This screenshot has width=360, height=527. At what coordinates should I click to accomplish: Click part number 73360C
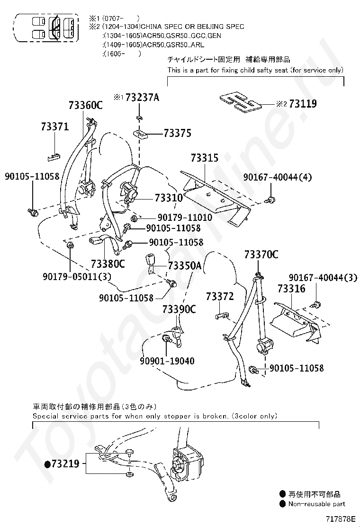[x=85, y=106]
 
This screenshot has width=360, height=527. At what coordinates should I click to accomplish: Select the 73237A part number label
[x=142, y=98]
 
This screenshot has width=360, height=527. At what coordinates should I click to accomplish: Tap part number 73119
[x=303, y=104]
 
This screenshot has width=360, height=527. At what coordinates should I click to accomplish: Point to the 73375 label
[x=178, y=133]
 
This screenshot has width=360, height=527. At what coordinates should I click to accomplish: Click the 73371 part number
[x=55, y=127]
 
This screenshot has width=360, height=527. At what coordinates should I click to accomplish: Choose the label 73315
[x=205, y=158]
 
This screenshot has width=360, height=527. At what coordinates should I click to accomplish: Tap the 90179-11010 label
[x=185, y=218]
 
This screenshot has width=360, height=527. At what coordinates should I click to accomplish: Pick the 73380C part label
[x=108, y=263]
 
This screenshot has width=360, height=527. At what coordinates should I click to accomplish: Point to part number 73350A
[x=185, y=266]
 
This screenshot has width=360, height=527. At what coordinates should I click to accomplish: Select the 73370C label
[x=261, y=254]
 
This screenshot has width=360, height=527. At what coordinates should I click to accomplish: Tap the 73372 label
[x=220, y=297]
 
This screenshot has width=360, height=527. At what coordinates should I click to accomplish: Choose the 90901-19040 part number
[x=167, y=361]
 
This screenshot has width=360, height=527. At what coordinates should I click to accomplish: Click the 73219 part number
[x=66, y=464]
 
